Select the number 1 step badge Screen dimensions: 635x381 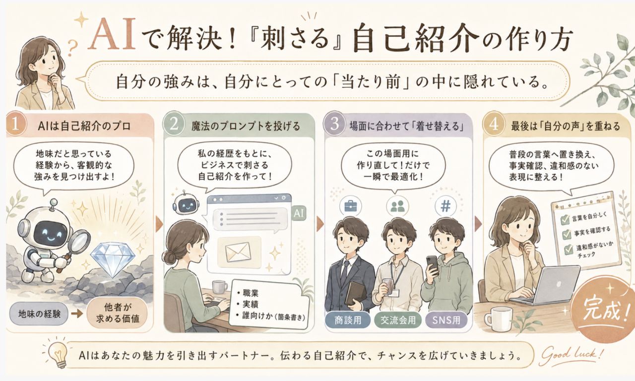(x=15, y=125)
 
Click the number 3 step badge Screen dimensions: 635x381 (x=334, y=125)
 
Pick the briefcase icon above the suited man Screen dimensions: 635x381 (x=350, y=206)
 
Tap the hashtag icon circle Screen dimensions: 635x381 (x=445, y=206)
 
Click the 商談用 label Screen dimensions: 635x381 (x=348, y=320)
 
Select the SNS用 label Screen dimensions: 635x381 (x=446, y=320)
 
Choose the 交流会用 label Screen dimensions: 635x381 (x=398, y=320)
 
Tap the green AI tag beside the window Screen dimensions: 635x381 (x=299, y=213)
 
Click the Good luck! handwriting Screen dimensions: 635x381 (x=572, y=356)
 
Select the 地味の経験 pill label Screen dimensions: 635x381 (x=39, y=314)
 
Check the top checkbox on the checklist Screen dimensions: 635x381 (x=565, y=219)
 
